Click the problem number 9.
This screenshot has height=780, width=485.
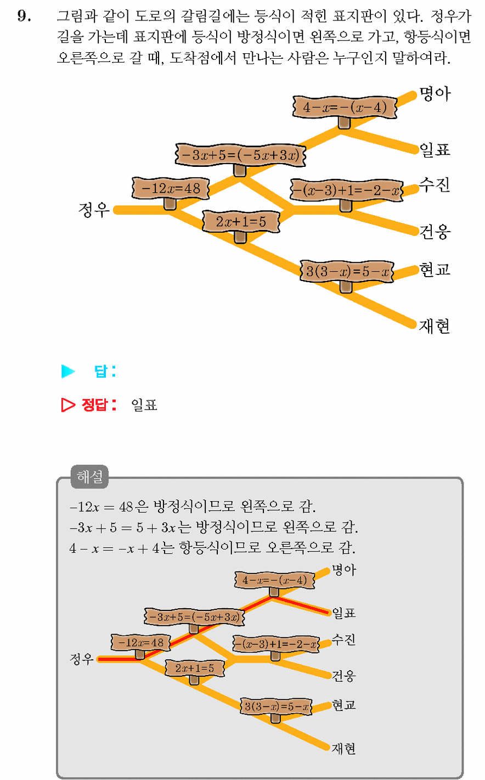click(24, 16)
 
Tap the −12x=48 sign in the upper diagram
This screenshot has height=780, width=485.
click(171, 188)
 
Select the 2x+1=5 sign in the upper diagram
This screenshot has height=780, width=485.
click(241, 221)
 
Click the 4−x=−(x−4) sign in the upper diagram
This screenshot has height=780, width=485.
click(345, 107)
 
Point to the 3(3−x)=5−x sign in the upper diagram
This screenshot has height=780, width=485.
click(347, 271)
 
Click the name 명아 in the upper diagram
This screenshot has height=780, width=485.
click(435, 94)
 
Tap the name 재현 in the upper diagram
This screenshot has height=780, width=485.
click(434, 326)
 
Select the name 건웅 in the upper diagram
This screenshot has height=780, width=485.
click(435, 232)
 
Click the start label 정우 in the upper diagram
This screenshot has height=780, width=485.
click(94, 210)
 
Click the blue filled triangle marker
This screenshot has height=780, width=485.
click(68, 371)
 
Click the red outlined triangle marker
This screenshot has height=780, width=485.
click(68, 405)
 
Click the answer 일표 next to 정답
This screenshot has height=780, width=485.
click(144, 405)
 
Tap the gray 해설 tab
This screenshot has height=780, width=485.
click(89, 476)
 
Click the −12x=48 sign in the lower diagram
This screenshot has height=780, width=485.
click(141, 642)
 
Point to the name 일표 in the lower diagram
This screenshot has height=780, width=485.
click(344, 613)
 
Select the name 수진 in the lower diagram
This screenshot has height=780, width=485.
click(343, 639)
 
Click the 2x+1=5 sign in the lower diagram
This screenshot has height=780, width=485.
click(195, 668)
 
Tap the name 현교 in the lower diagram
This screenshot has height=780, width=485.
click(344, 704)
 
